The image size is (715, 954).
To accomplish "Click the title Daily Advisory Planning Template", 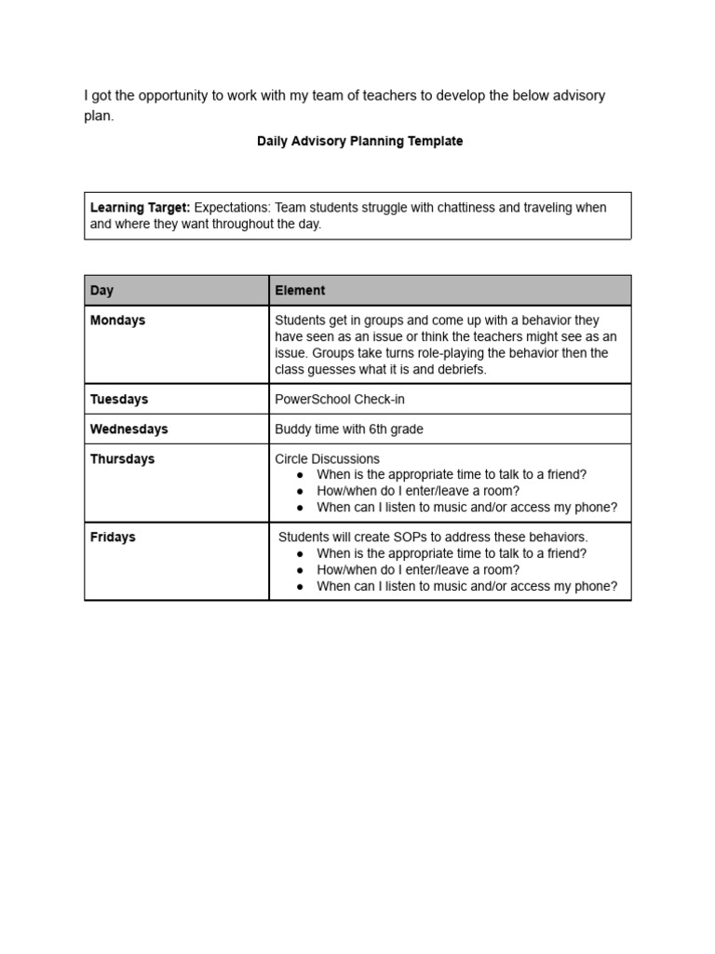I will point(359,142).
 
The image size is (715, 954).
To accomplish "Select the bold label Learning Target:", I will point(140,208).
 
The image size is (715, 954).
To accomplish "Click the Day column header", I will point(101,291).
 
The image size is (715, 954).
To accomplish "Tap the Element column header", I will point(300,291).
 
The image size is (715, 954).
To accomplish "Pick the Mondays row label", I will point(117,320).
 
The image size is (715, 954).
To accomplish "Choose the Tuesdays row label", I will point(118,400).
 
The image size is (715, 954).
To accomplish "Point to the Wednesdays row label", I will point(128,429).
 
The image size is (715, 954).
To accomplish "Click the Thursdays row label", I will point(122,459).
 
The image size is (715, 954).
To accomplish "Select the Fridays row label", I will point(112,538).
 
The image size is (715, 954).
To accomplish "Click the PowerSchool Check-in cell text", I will point(339,400).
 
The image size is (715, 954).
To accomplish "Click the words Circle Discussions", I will point(327,459).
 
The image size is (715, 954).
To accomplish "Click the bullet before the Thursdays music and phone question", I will point(300,508).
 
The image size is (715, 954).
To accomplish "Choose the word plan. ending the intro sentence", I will point(99,116).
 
